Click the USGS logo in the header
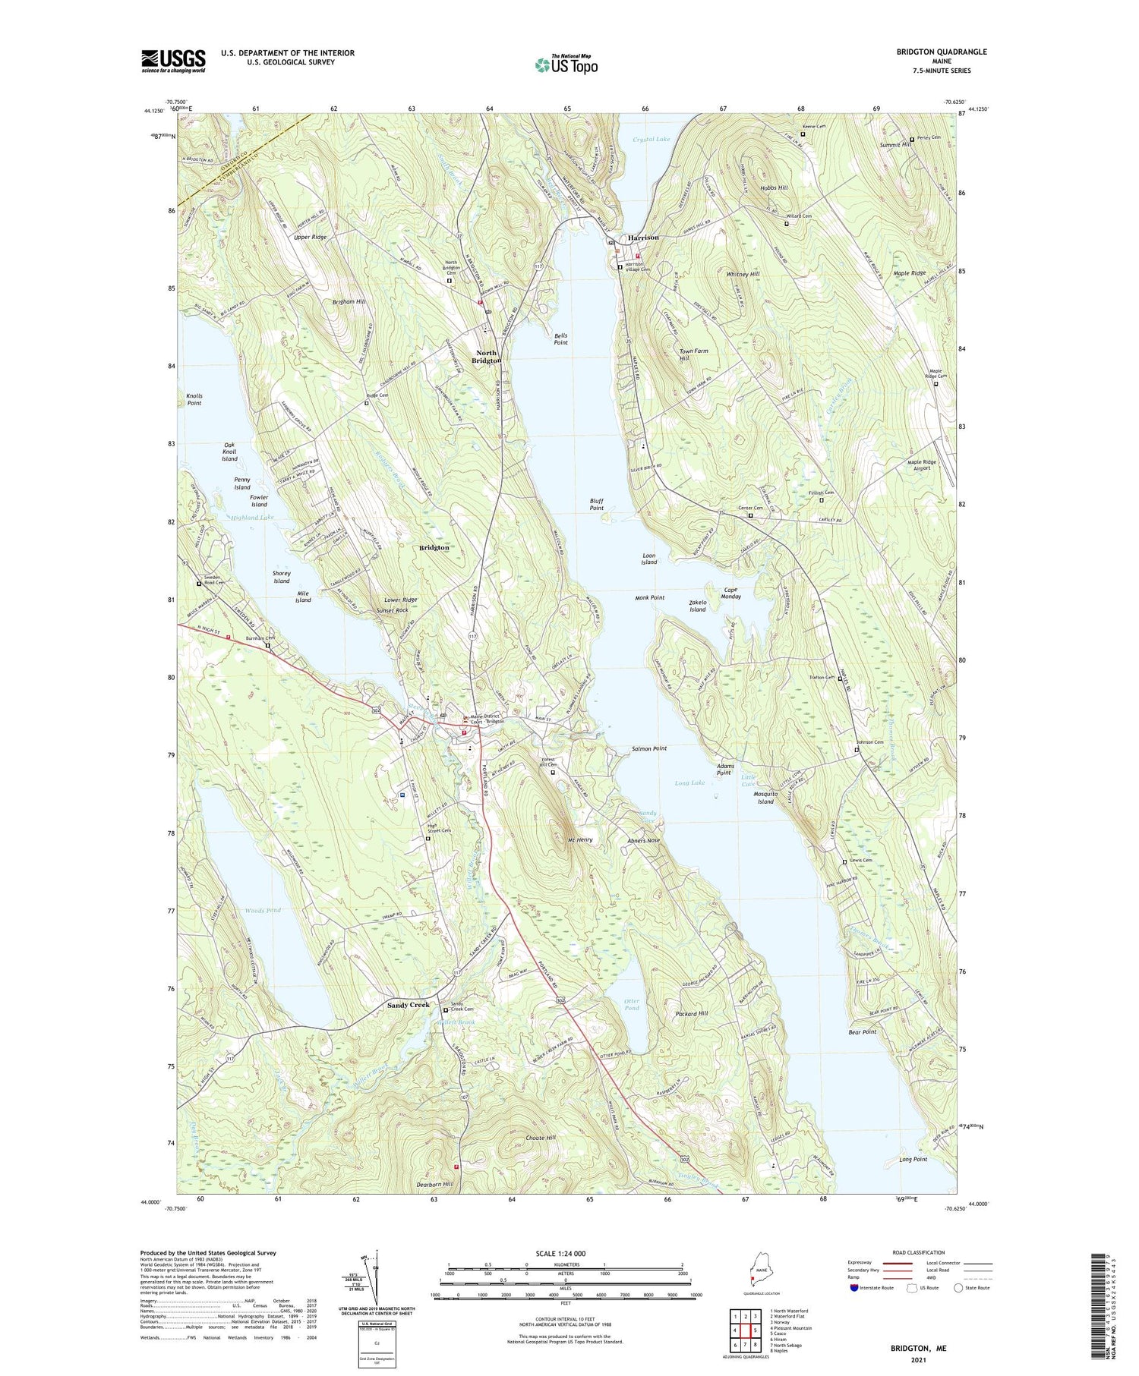(173, 61)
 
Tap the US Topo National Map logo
(566, 65)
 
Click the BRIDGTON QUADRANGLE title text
(942, 52)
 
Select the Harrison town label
(643, 238)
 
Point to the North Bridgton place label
(486, 357)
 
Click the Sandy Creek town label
(409, 1005)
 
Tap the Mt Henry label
(580, 840)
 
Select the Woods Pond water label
(263, 910)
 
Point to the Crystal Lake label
(652, 140)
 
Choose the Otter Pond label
(631, 1004)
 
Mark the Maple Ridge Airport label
(921, 464)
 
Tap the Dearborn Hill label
(435, 1184)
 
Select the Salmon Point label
(649, 748)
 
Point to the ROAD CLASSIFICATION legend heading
(919, 1253)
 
